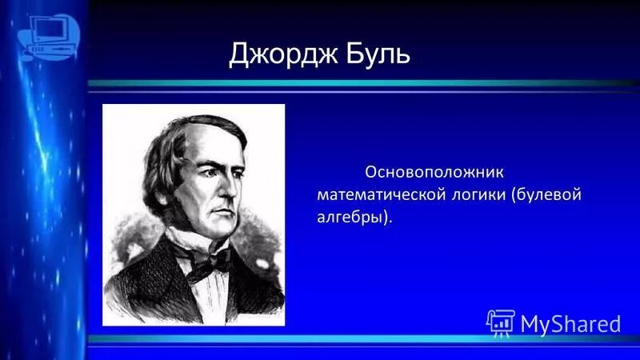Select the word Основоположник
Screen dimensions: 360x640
(x=437, y=171)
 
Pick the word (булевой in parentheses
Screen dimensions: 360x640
(x=547, y=194)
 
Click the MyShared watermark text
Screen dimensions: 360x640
(x=570, y=323)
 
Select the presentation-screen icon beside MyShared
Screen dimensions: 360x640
(x=501, y=322)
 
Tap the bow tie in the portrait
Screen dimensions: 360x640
(x=210, y=261)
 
